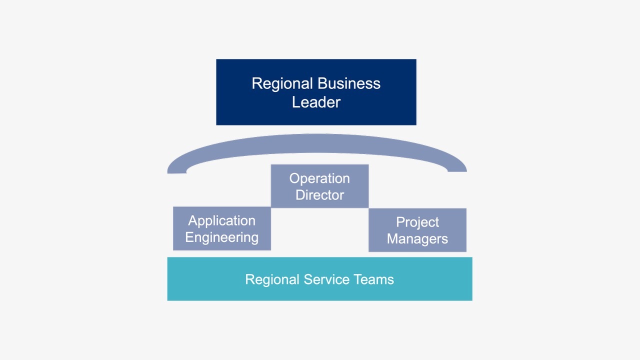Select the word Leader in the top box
point(316,102)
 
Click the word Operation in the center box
point(319,178)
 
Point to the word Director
point(319,195)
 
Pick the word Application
point(221,221)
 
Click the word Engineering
point(221,237)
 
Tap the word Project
point(417,222)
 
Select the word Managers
point(417,239)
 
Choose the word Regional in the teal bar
point(272,279)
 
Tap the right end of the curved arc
point(457,168)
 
